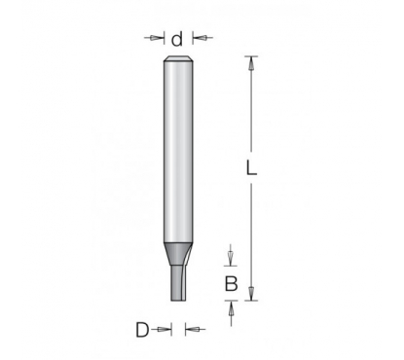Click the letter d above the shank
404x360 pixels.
coord(177,39)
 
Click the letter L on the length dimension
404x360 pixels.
coord(251,168)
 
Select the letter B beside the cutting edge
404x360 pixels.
coord(231,284)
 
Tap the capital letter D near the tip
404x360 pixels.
coord(142,330)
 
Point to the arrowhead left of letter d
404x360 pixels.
coord(158,38)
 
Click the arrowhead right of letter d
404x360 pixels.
coord(199,38)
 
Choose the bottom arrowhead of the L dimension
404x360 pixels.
coord(251,294)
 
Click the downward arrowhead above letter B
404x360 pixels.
coord(231,259)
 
